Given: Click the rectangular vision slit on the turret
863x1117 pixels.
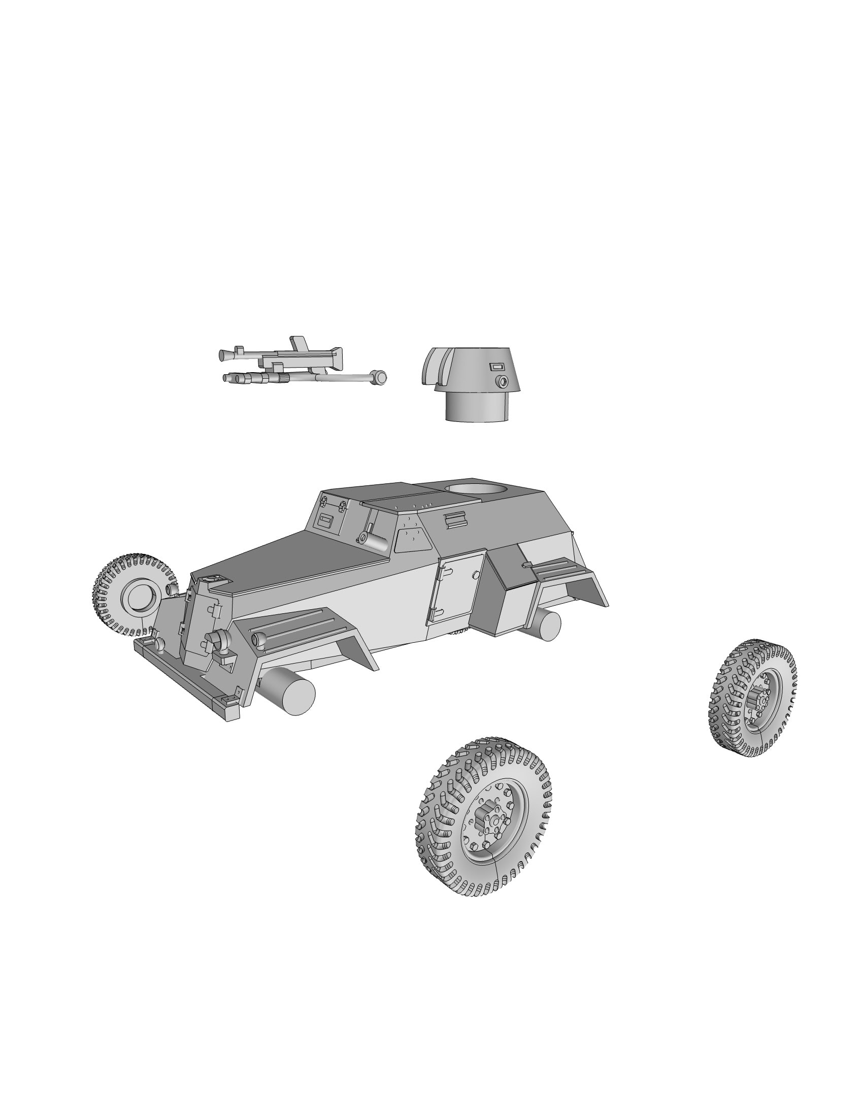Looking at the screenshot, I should coord(497,366).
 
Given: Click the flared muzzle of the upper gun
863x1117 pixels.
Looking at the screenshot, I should coord(223,354).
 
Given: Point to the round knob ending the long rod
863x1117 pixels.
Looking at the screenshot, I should coord(379,377).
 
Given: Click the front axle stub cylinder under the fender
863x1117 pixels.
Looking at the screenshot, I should coord(289,693).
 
